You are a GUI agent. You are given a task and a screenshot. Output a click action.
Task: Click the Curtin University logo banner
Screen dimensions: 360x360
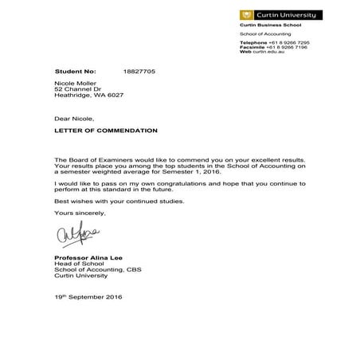(280, 14)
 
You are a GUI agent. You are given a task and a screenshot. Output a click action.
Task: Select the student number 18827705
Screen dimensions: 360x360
(139, 72)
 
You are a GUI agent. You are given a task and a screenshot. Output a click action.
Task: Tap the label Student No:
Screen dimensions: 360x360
(75, 72)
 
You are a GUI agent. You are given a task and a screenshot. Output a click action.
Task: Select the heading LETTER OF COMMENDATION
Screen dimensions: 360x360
(106, 130)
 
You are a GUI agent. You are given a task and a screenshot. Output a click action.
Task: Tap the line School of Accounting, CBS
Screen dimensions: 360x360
(100, 272)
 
